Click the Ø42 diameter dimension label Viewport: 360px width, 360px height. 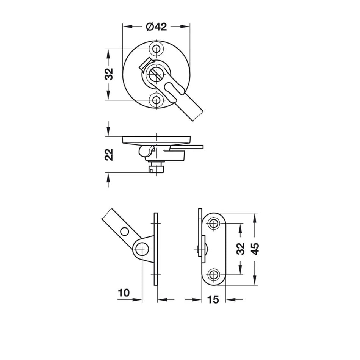click(x=156, y=27)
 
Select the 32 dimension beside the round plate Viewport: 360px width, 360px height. click(x=109, y=74)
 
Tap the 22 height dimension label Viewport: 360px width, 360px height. click(x=109, y=154)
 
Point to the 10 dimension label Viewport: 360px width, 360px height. click(x=124, y=293)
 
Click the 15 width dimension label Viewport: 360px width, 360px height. click(x=213, y=299)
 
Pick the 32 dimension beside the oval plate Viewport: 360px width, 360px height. click(x=240, y=249)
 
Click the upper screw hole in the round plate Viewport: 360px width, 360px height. click(x=156, y=49)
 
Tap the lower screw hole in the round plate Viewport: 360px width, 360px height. click(x=156, y=100)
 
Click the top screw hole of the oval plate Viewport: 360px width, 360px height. click(x=214, y=223)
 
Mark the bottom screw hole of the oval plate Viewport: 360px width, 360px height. click(x=214, y=274)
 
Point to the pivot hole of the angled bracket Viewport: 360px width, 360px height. click(x=142, y=249)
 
